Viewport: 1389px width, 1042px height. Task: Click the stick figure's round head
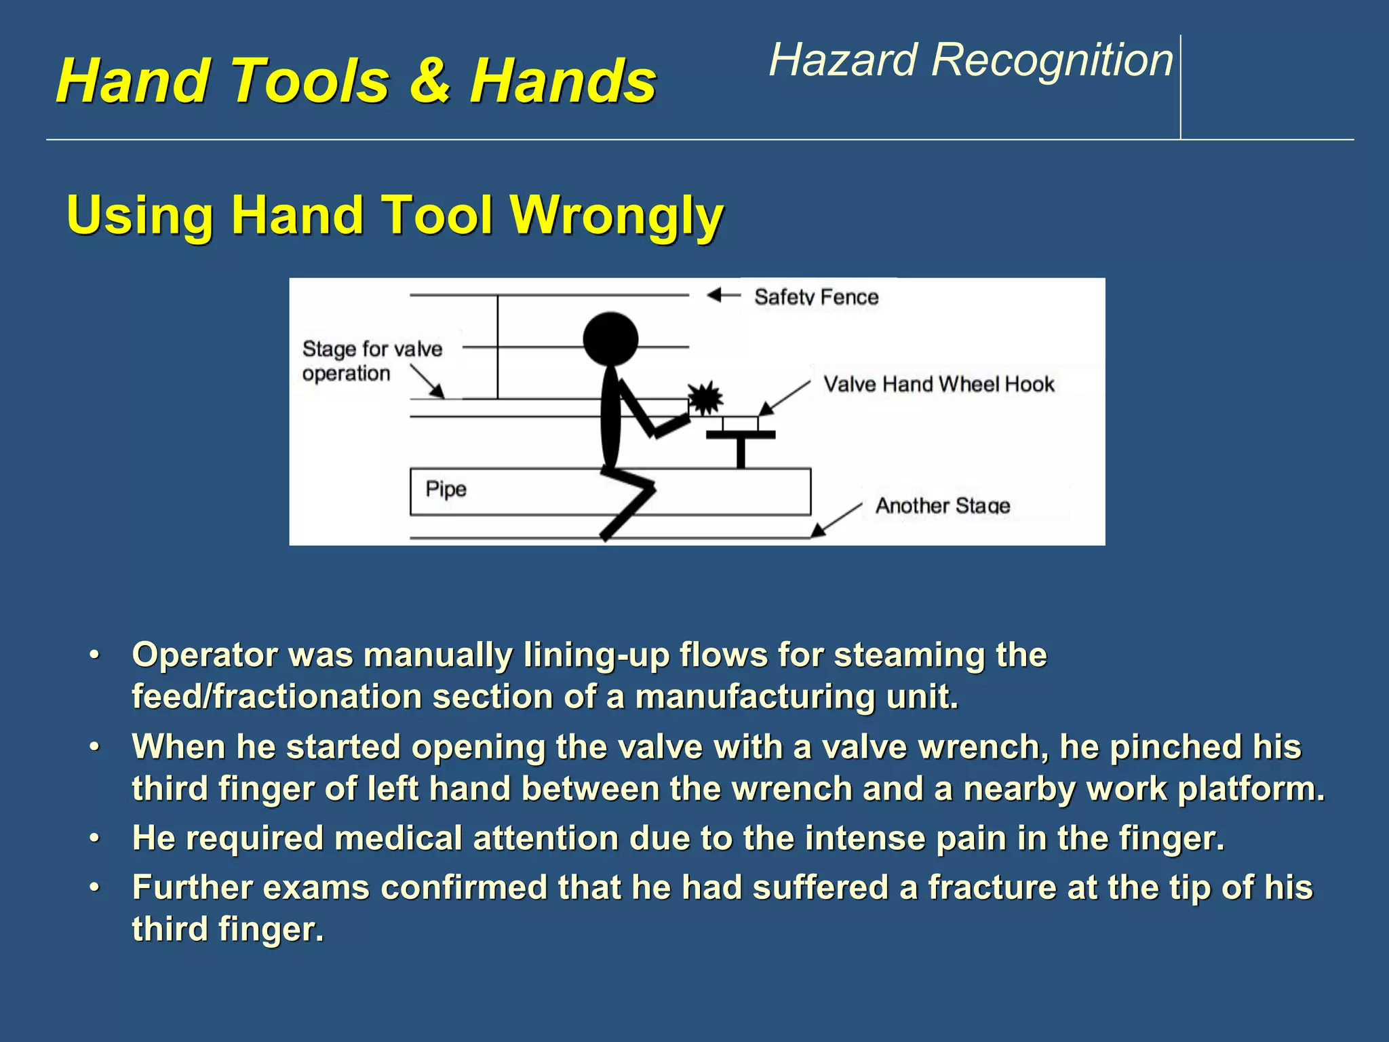click(x=610, y=339)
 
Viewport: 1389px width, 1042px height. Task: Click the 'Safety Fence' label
click(x=816, y=296)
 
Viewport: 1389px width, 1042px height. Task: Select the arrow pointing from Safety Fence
click(x=723, y=295)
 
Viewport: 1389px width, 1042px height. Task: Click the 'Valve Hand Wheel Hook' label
click(x=939, y=384)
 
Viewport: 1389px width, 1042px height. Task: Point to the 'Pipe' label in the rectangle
click(x=446, y=488)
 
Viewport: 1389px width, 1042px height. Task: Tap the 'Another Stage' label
click(x=942, y=505)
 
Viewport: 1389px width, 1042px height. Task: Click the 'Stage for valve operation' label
click(x=371, y=360)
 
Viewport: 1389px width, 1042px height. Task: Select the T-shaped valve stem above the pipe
click(x=741, y=448)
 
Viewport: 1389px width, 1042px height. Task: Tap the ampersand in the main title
click(x=429, y=80)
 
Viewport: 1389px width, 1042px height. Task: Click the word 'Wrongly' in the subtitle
click(x=617, y=214)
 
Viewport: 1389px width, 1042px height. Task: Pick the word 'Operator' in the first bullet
click(x=204, y=655)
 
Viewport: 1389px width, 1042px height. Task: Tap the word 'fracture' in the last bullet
click(x=991, y=887)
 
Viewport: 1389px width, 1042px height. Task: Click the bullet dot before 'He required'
click(x=94, y=838)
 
